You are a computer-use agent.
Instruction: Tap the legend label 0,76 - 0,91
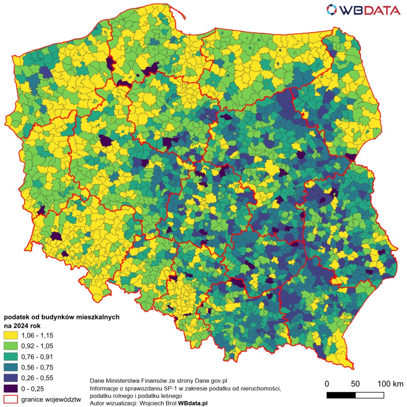click(37, 357)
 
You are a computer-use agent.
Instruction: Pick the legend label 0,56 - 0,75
click(37, 367)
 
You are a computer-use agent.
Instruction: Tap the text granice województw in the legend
click(51, 399)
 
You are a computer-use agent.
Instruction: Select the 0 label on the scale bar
click(327, 384)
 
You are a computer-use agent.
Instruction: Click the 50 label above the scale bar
click(355, 384)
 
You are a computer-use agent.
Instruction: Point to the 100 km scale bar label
click(390, 384)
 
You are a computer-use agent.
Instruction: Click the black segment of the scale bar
click(341, 395)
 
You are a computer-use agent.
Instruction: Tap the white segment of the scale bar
click(370, 395)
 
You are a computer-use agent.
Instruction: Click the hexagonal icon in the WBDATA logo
click(331, 10)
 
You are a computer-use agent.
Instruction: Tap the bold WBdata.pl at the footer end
click(193, 403)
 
